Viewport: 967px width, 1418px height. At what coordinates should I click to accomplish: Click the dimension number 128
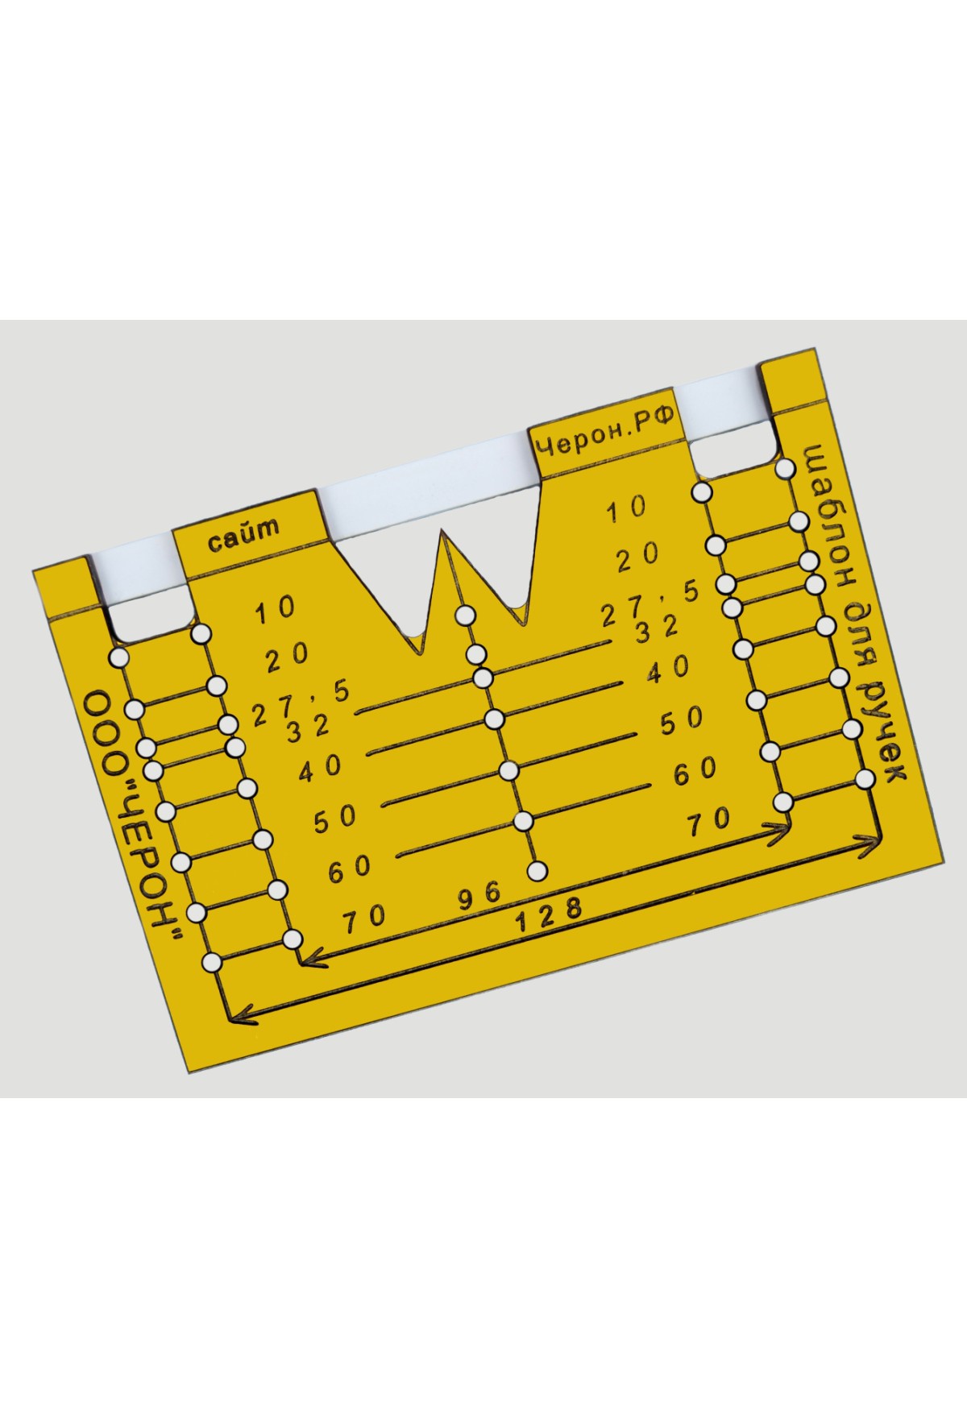pos(549,914)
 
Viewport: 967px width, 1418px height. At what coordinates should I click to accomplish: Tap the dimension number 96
pos(480,895)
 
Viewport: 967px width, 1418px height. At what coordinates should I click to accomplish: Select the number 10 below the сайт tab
pos(276,609)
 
